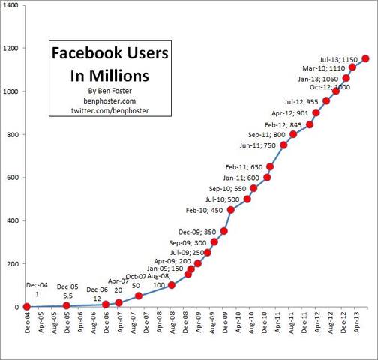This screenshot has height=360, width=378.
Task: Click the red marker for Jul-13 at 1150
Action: (x=365, y=58)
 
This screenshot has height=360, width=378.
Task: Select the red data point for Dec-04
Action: (x=27, y=306)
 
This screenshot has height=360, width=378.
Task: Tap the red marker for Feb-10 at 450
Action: (x=231, y=210)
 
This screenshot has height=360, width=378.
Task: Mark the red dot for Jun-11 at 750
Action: (x=283, y=145)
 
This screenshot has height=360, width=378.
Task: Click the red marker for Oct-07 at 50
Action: (x=139, y=295)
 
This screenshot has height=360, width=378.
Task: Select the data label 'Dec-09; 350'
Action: (x=199, y=232)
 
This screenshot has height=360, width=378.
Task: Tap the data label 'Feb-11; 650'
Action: (x=247, y=166)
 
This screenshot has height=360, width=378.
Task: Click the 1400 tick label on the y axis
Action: (x=12, y=5)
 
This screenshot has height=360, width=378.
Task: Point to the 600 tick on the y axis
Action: (x=14, y=178)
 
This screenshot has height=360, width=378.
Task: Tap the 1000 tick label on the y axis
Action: (x=12, y=91)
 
